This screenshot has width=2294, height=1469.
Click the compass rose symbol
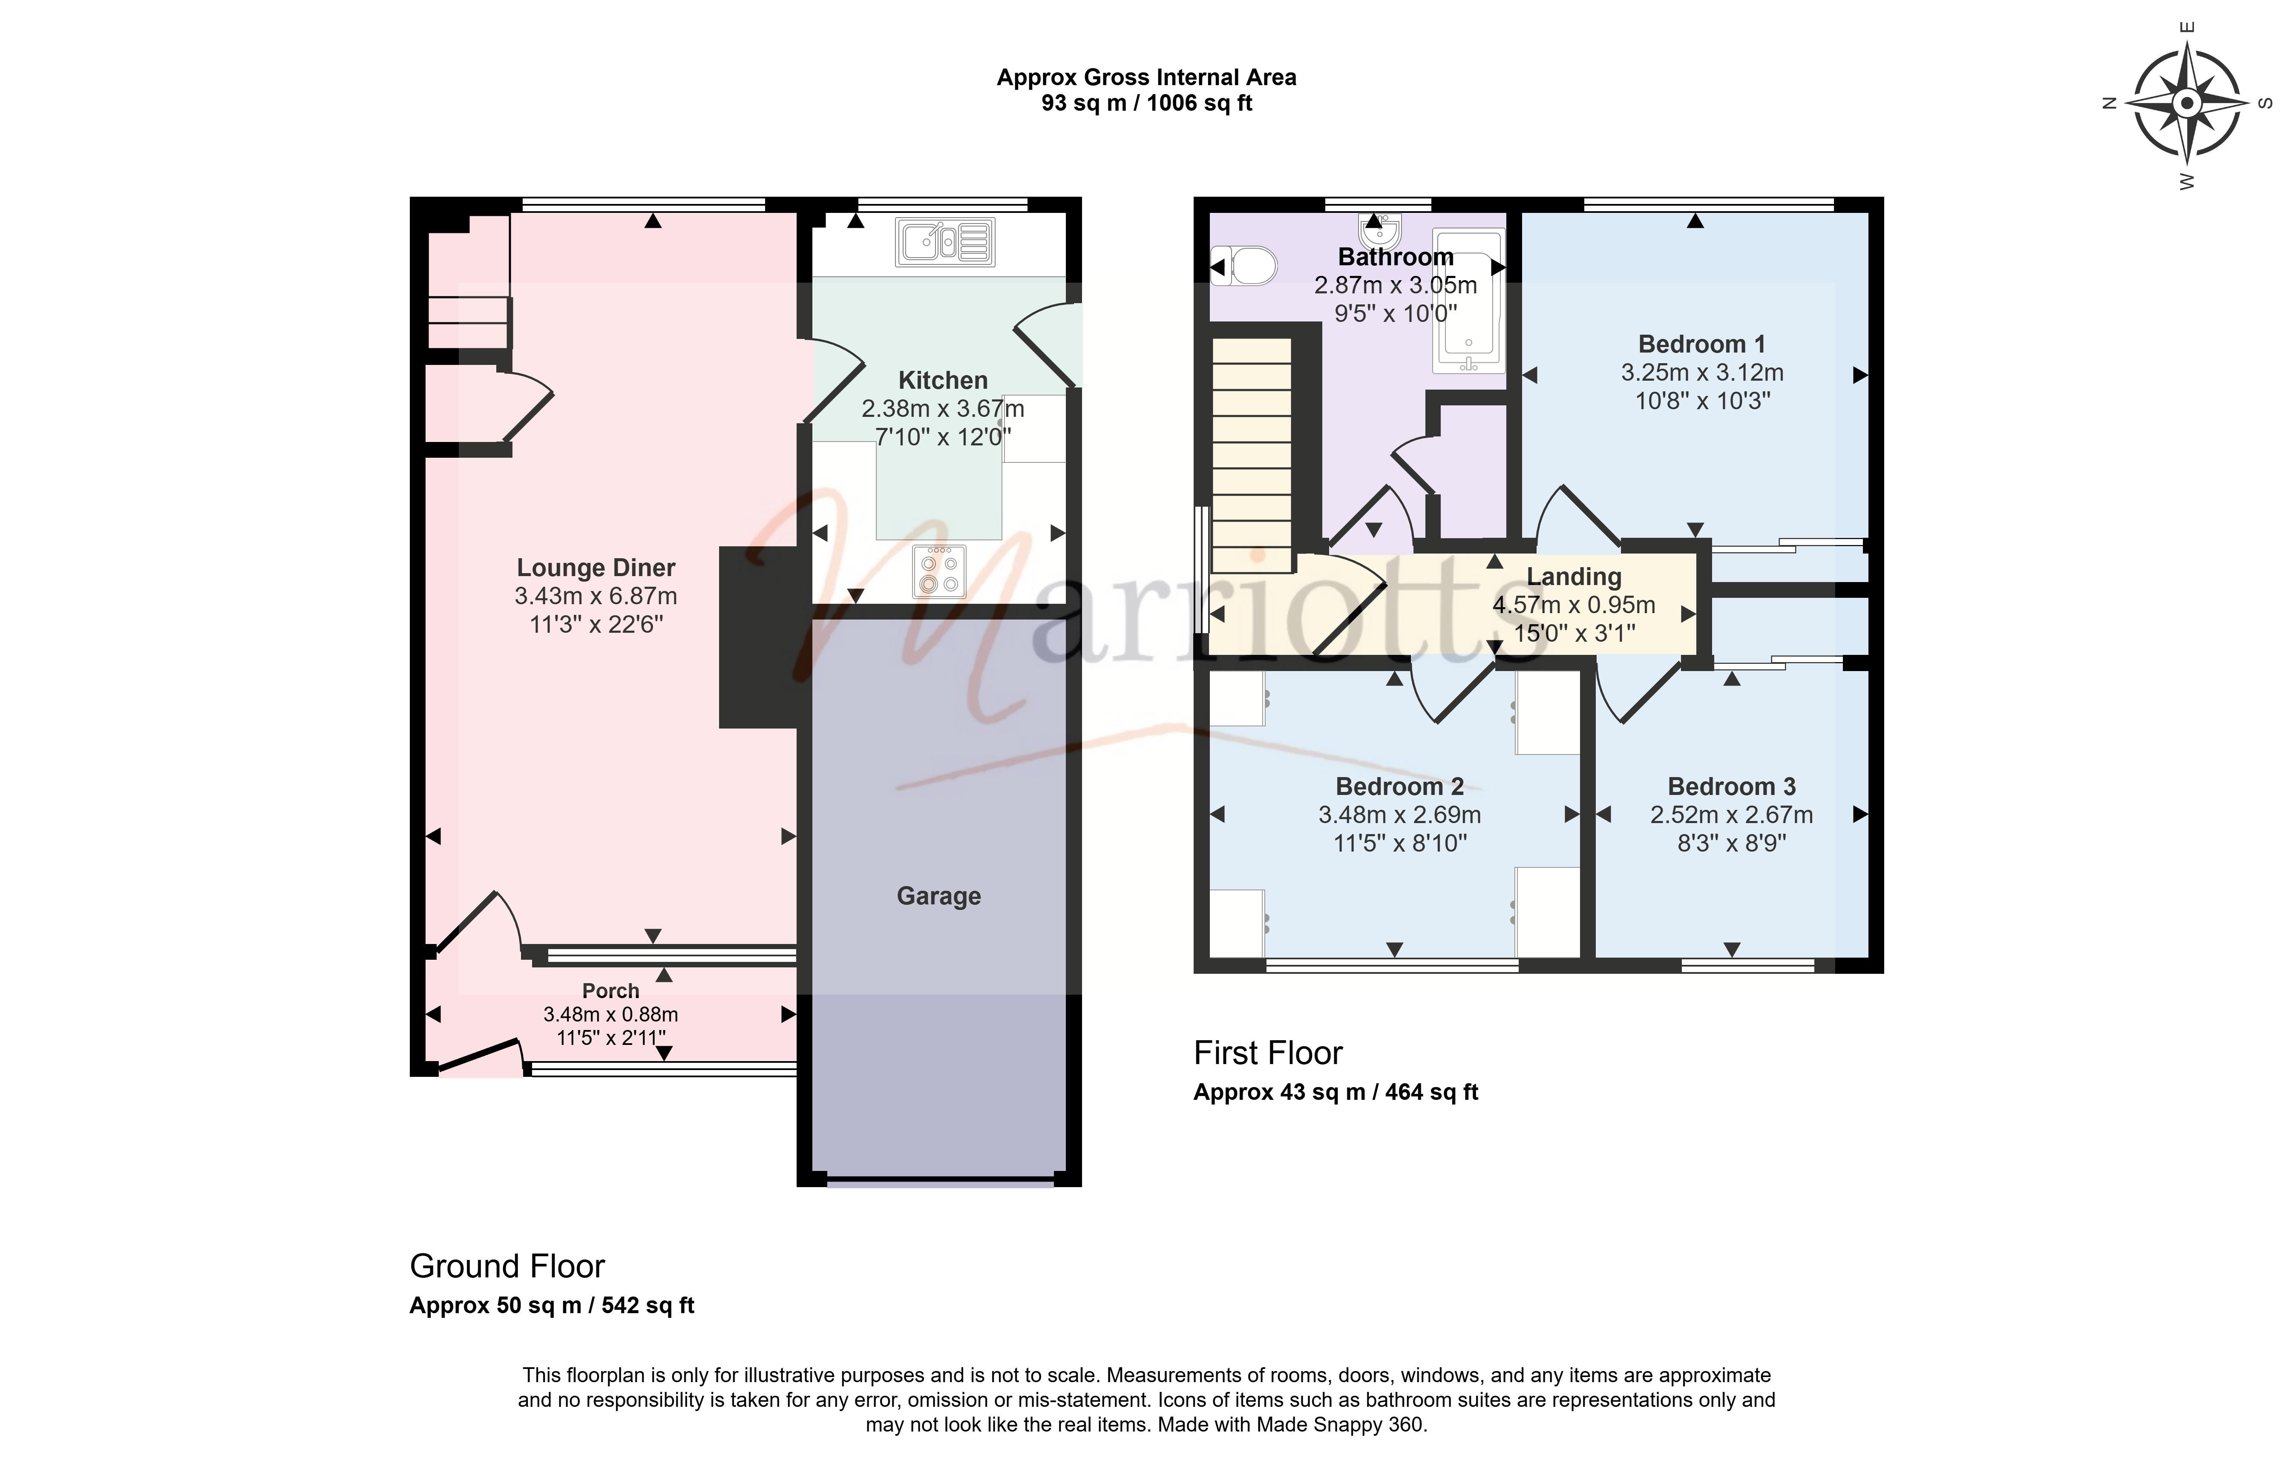[x=2187, y=103]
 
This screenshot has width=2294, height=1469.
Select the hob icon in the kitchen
[x=939, y=571]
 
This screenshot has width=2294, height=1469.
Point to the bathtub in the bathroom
[x=1468, y=301]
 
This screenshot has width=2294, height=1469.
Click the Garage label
[x=939, y=896]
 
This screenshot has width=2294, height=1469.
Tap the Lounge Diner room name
[x=596, y=568]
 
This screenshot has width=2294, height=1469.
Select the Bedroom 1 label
[x=1701, y=344]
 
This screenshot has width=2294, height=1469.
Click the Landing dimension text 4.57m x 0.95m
[x=1574, y=605]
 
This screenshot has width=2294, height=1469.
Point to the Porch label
[x=611, y=991]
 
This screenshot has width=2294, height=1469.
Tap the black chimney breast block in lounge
[x=759, y=637]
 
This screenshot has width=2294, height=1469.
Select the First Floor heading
[x=1268, y=1053]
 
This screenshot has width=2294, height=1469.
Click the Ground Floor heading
[x=507, y=1266]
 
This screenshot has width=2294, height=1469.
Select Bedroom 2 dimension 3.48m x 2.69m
[x=1400, y=815]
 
